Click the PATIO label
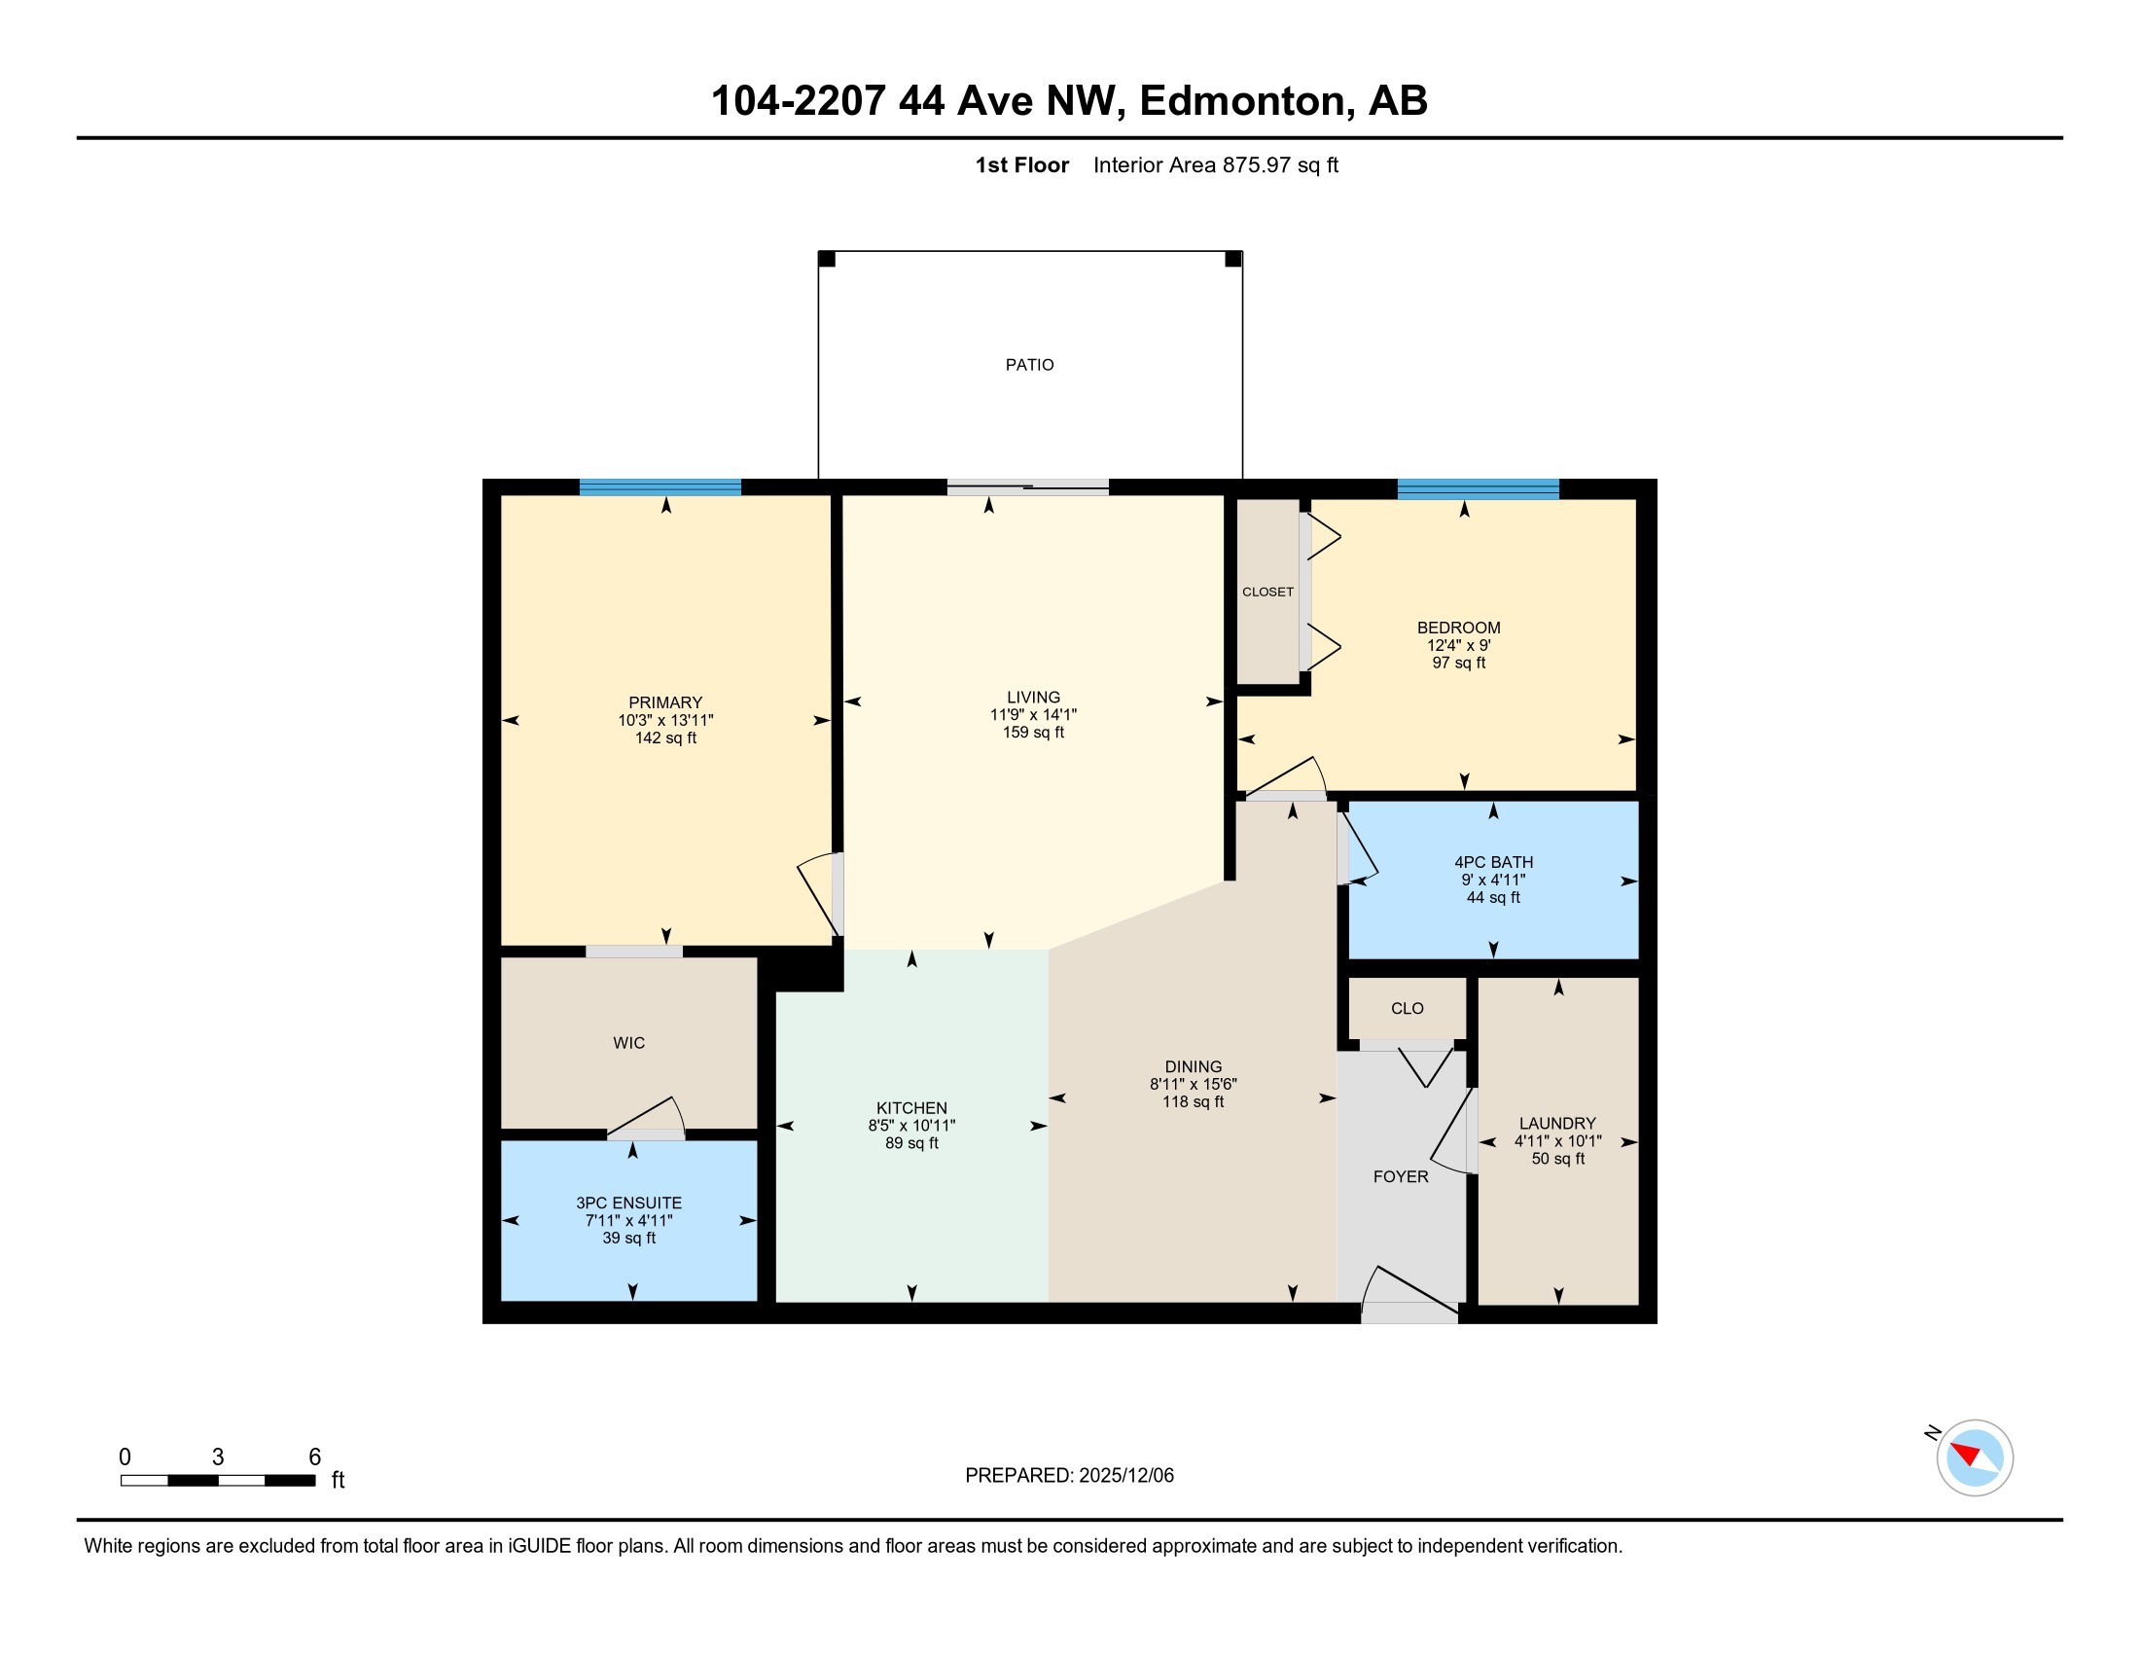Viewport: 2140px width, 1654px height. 1029,365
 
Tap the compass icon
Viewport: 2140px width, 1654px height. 1974,1457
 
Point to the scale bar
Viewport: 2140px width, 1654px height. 218,1480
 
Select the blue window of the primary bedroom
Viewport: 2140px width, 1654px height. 660,487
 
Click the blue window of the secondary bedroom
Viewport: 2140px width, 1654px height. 1478,489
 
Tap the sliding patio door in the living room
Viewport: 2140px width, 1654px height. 1028,487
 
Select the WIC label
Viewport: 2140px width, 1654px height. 629,1043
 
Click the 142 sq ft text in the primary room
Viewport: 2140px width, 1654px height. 665,737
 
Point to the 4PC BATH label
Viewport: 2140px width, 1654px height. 1493,862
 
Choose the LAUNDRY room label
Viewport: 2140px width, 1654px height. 1557,1123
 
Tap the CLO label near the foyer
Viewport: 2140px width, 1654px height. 1408,1008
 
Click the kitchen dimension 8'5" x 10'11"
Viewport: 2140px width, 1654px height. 911,1126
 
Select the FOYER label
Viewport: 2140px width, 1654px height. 1400,1177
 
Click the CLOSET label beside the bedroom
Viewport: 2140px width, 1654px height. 1267,592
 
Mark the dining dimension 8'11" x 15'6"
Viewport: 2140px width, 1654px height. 1194,1084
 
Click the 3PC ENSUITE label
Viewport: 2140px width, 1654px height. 628,1203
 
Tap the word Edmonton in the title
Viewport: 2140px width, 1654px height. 1242,100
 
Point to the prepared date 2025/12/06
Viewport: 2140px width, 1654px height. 1124,1476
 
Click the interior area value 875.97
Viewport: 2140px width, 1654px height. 1256,164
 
